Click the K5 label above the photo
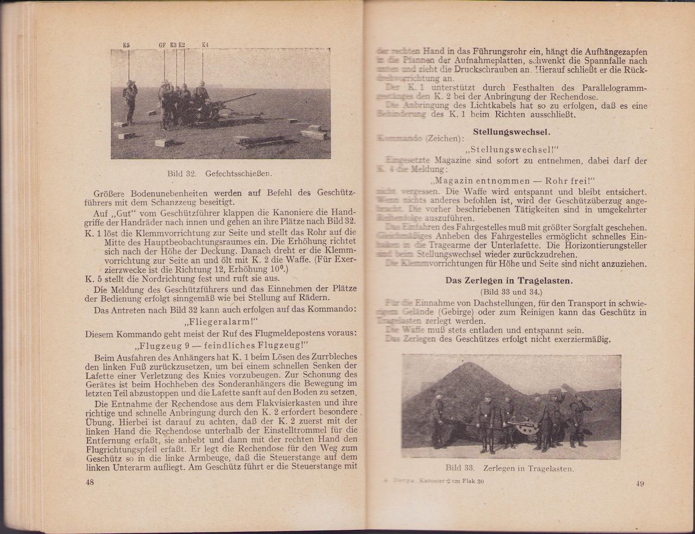tap(126, 45)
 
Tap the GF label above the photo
tap(162, 45)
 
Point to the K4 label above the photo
tap(205, 45)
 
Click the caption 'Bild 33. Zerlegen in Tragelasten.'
tap(510, 468)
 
